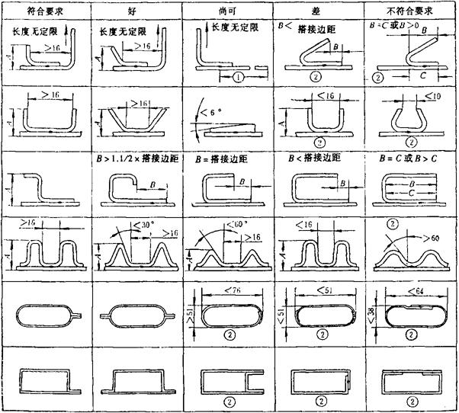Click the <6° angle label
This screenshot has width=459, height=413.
(x=206, y=114)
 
